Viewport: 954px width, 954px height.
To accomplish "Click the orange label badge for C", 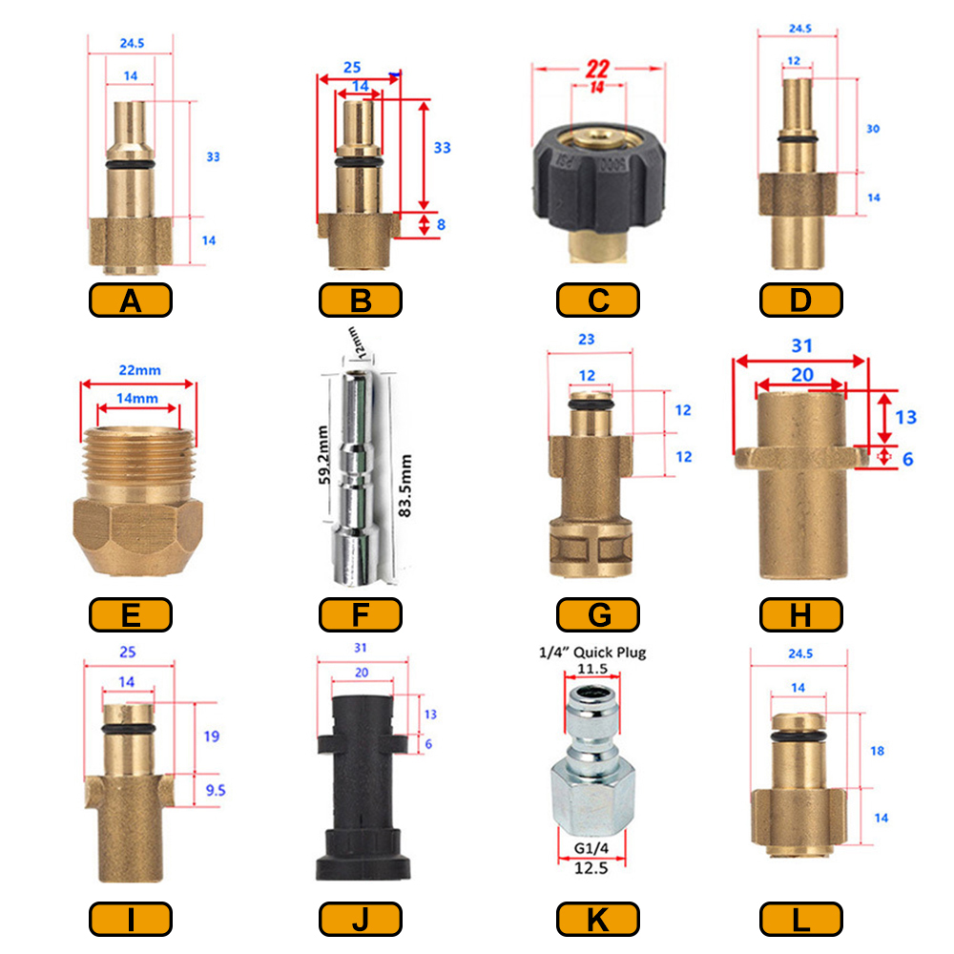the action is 597,300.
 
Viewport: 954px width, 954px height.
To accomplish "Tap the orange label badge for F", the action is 361,614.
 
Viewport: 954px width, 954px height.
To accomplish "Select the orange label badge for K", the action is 597,919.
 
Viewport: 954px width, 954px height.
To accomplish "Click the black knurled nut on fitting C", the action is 599,177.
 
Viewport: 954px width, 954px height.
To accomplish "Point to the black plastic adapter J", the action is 363,788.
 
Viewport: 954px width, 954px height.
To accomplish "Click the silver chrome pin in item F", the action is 359,478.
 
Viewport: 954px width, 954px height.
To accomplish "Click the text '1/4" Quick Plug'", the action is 592,653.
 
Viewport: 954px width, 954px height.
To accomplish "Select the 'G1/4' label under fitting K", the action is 591,848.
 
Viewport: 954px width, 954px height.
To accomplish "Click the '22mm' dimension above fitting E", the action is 140,370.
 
